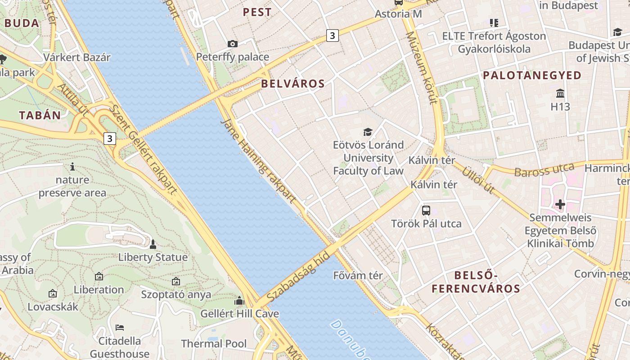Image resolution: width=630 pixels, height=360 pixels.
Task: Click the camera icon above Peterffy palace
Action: click(x=232, y=44)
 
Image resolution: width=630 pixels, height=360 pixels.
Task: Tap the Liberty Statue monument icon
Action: click(x=153, y=244)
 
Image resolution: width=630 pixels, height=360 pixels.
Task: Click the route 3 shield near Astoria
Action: click(x=332, y=36)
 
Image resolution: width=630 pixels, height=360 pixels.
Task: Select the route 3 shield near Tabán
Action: click(x=110, y=138)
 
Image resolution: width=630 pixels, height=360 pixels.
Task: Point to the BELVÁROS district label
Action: click(x=292, y=84)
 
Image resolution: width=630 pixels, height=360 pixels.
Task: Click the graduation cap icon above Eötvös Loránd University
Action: click(x=368, y=132)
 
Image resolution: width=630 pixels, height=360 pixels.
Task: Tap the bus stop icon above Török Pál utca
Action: click(x=426, y=210)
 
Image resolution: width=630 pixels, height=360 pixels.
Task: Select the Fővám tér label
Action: click(x=358, y=275)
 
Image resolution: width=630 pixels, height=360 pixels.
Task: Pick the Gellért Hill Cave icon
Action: click(x=239, y=301)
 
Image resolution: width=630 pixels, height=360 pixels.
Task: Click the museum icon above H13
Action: click(x=560, y=94)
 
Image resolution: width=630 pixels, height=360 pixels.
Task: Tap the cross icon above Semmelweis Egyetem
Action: click(x=560, y=205)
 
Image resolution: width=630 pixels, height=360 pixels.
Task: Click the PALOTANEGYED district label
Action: click(x=532, y=76)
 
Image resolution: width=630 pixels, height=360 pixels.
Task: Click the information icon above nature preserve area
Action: click(x=72, y=167)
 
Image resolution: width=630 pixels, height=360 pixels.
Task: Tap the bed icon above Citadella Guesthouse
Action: click(x=119, y=327)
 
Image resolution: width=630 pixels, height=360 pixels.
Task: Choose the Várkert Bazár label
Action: click(x=77, y=58)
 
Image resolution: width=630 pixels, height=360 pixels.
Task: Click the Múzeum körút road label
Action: click(x=422, y=67)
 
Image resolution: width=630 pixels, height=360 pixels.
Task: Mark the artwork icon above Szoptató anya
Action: click(x=176, y=281)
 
